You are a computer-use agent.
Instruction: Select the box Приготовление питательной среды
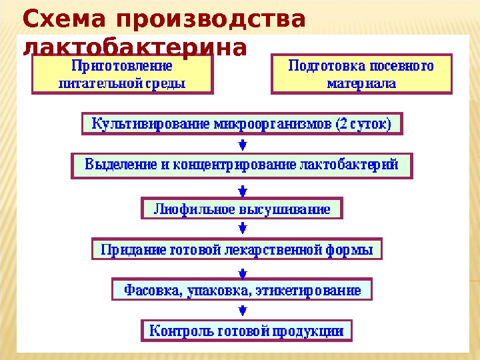tap(121, 75)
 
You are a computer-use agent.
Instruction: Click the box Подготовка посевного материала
tap(361, 75)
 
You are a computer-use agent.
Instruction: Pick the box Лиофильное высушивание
tap(242, 209)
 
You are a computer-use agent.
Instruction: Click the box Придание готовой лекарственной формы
tap(237, 250)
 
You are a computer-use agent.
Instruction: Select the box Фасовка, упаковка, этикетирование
tap(241, 290)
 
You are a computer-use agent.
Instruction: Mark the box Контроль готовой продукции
tap(246, 330)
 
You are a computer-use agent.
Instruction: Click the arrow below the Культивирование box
tap(243, 144)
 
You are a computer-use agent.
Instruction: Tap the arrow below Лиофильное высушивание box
tap(243, 229)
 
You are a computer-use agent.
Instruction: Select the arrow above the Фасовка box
tap(243, 271)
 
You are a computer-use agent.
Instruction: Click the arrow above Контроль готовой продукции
tap(243, 310)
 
